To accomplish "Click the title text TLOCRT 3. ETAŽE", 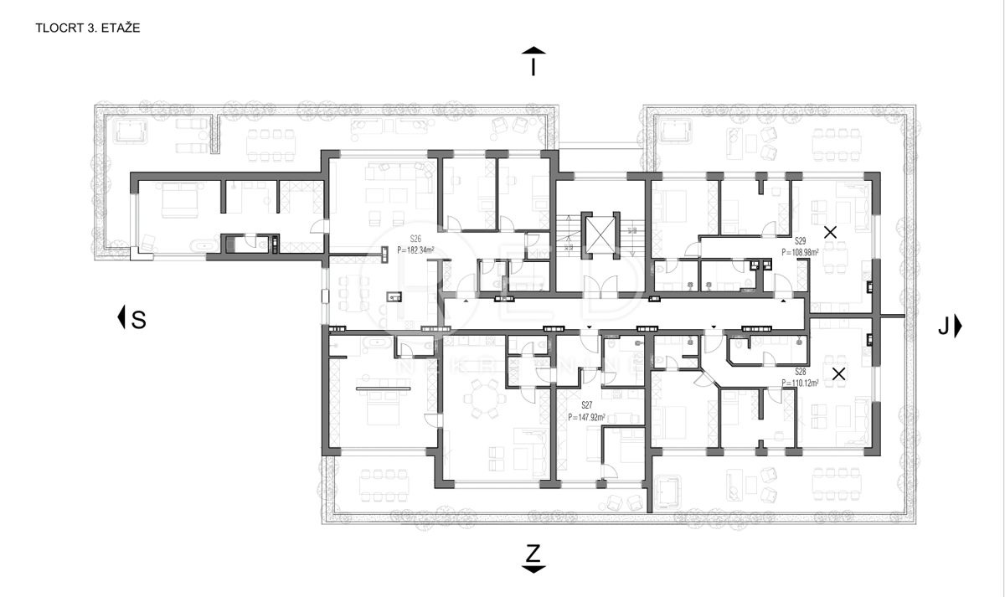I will pos(87,28).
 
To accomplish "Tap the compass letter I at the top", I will pos(533,66).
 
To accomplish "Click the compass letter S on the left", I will pos(138,319).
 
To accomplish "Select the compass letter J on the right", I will pos(943,327).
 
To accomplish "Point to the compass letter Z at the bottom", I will pos(533,553).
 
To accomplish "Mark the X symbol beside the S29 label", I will pos(830,233).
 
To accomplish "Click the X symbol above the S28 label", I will pos(838,374).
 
